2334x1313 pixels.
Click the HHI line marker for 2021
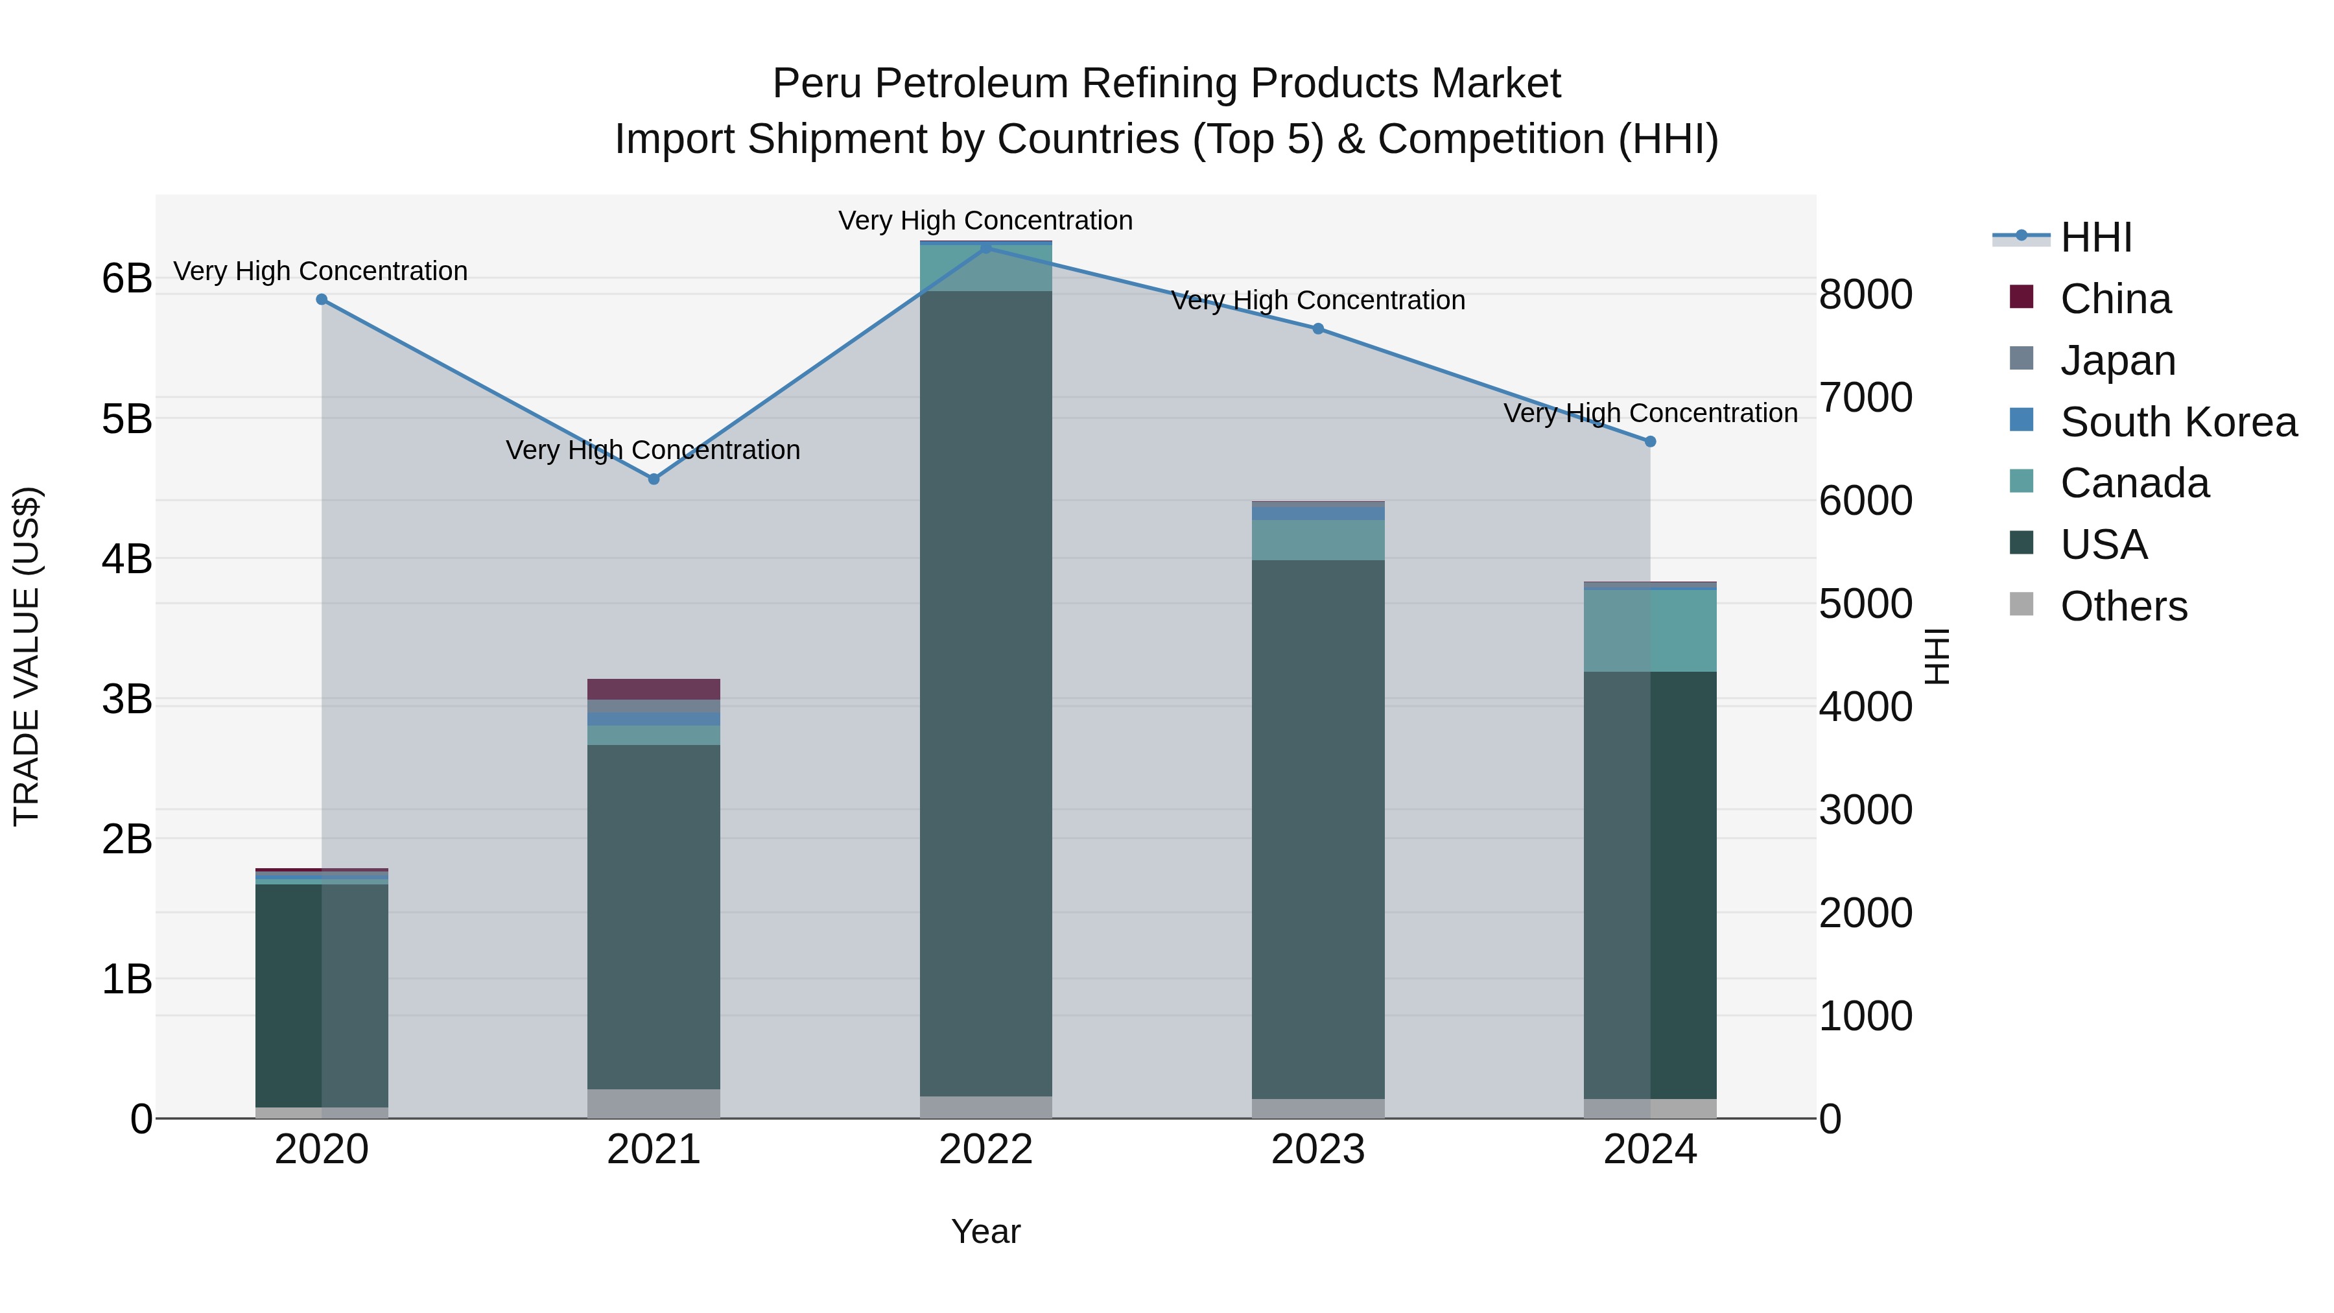(654, 479)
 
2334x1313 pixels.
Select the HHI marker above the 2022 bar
(985, 248)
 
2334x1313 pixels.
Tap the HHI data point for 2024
(1650, 442)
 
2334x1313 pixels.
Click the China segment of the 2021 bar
(654, 689)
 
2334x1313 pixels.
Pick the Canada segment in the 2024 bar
(1650, 631)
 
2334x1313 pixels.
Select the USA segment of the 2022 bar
(985, 693)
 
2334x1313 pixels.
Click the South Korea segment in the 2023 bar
(1318, 513)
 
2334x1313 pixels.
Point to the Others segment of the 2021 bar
(654, 1103)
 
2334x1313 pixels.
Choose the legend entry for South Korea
(2178, 421)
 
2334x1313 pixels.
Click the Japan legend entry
(2117, 360)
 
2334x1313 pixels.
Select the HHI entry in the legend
(2095, 237)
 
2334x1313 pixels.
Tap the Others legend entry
(2123, 606)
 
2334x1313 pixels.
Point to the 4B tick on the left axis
(127, 558)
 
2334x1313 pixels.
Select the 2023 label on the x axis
(1318, 1150)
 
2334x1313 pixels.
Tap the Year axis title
(985, 1231)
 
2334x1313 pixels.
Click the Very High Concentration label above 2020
(321, 271)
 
